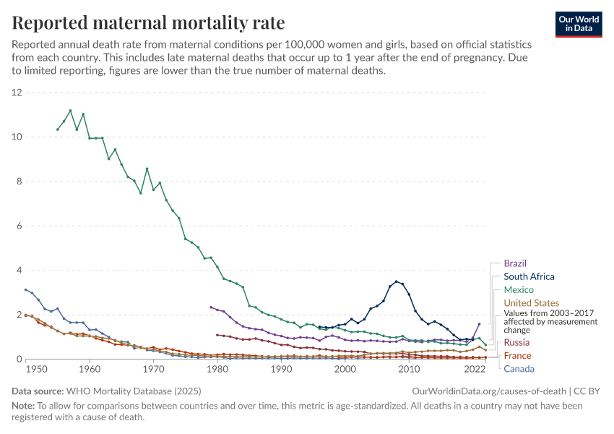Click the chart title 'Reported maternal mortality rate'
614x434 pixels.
[x=149, y=23]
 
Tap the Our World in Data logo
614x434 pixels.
[x=578, y=23]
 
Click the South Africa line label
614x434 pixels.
[x=529, y=276]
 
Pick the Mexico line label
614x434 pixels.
[x=519, y=289]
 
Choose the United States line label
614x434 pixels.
[x=531, y=302]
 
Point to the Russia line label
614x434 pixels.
[x=517, y=341]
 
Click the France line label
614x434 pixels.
[x=517, y=355]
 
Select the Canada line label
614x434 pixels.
[x=519, y=369]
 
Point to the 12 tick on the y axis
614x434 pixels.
[x=17, y=93]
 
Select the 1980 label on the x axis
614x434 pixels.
[x=217, y=369]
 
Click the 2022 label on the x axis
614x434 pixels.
[x=474, y=369]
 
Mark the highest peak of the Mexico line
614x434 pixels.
[x=70, y=111]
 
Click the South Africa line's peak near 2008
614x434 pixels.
[x=396, y=281]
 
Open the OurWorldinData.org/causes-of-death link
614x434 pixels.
[x=488, y=391]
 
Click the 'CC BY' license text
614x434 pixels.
[x=589, y=391]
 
